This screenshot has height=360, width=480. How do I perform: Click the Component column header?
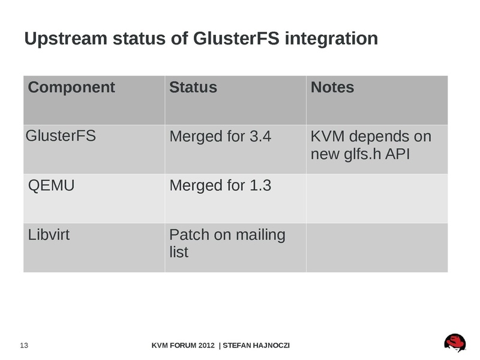click(71, 88)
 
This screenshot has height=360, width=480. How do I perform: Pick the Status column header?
click(193, 88)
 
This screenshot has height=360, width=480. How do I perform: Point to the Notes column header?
click(332, 88)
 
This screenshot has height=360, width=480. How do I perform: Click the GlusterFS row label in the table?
click(61, 136)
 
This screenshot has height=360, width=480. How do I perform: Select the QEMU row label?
click(52, 185)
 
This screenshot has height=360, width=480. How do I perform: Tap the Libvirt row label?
click(49, 235)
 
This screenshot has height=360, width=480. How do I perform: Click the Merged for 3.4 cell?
click(220, 137)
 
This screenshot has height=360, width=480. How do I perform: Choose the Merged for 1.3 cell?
click(220, 185)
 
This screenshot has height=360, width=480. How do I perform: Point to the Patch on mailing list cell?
click(227, 243)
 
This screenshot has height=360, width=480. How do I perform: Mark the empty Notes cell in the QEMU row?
click(377, 198)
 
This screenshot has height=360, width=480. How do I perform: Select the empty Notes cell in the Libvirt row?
click(377, 247)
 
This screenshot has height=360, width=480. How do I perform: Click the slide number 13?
click(25, 346)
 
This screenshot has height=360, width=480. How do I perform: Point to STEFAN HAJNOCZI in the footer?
click(257, 346)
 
